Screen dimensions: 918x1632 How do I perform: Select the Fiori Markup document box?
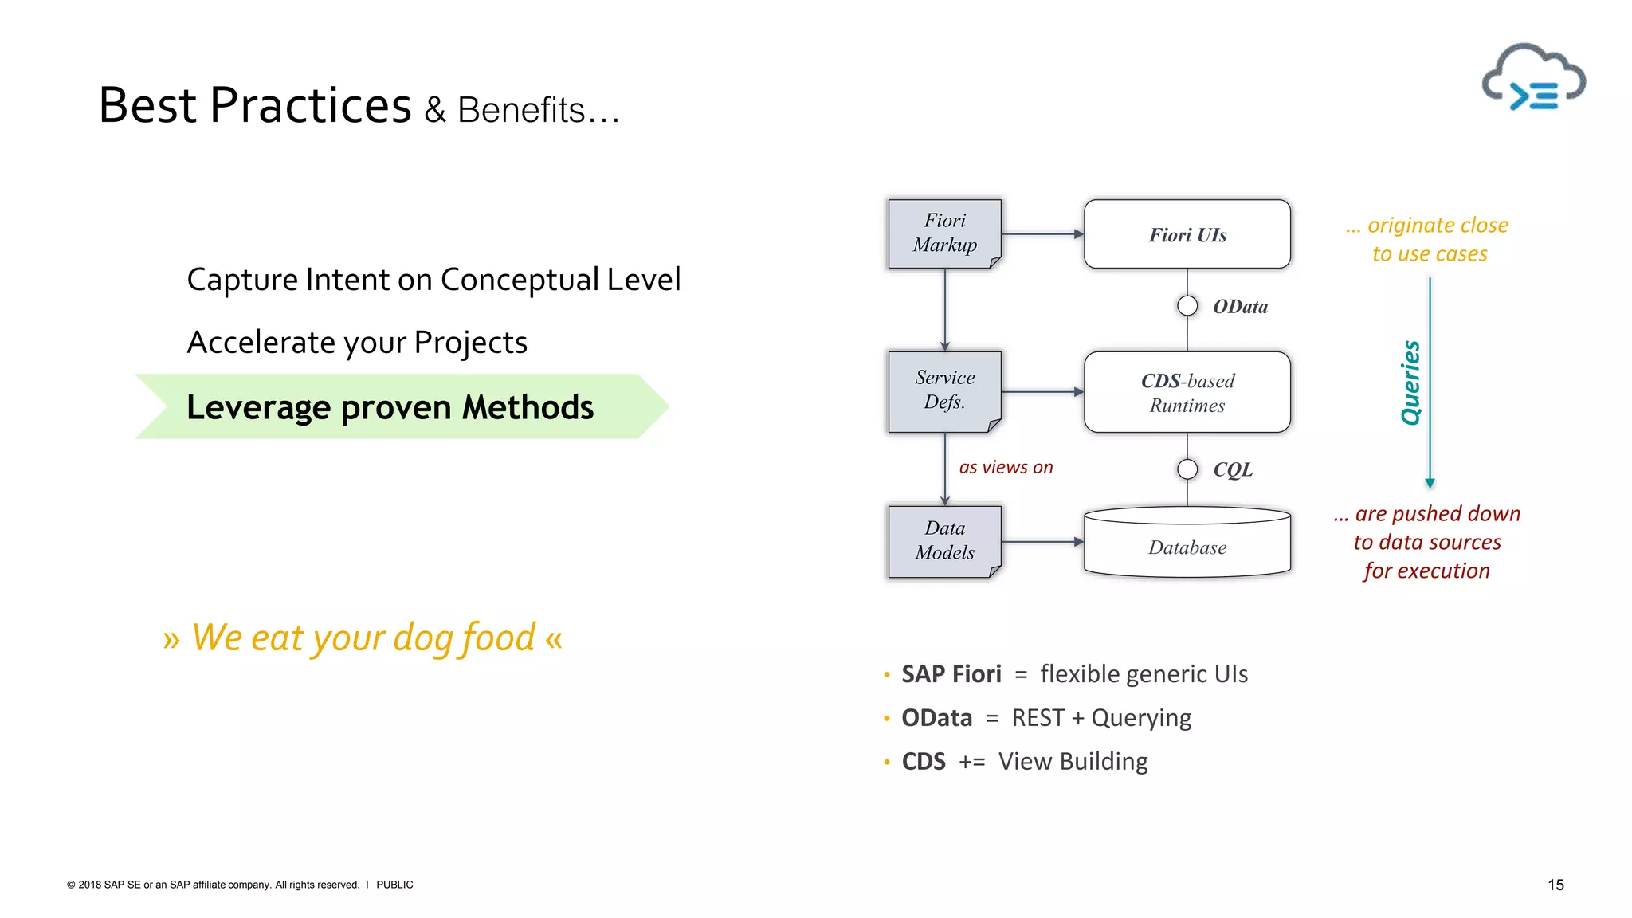coord(944,233)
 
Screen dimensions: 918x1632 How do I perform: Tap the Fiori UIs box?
coord(1187,234)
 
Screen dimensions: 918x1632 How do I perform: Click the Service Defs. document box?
coord(944,390)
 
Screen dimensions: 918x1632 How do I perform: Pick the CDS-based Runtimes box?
coord(1187,392)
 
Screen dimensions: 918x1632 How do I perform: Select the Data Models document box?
coord(944,541)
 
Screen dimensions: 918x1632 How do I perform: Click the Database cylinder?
coord(1187,543)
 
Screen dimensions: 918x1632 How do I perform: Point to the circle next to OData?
coord(1187,306)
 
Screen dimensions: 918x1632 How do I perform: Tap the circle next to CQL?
coord(1187,469)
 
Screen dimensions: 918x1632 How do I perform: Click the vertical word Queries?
coord(1410,382)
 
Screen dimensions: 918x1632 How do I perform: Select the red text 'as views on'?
coord(1006,468)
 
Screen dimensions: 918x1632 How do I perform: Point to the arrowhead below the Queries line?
coord(1430,483)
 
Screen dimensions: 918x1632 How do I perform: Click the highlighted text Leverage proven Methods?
coord(390,407)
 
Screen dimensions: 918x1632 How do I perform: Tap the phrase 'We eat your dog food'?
coord(363,637)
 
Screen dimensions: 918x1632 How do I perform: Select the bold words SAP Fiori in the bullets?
coord(951,674)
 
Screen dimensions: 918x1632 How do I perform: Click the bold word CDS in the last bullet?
coord(923,762)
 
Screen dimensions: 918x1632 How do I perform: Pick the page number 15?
coord(1555,885)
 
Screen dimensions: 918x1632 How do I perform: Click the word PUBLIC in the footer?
coord(394,885)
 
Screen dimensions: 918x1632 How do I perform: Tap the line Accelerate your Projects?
coord(357,343)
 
